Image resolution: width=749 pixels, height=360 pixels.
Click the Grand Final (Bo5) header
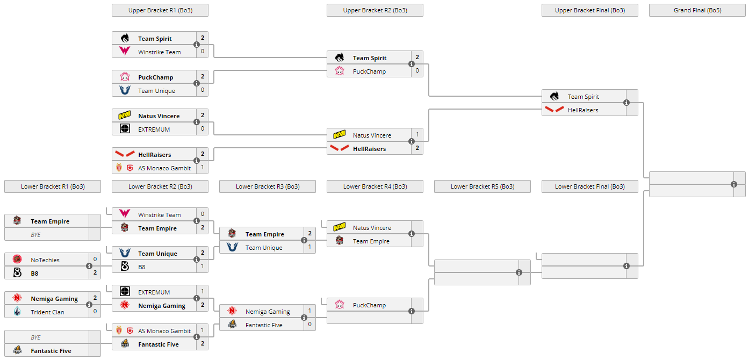(697, 10)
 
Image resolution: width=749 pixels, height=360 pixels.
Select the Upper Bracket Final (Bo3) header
(589, 10)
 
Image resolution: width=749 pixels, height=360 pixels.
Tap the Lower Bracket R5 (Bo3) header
(482, 186)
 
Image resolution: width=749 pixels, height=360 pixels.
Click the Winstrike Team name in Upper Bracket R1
(159, 52)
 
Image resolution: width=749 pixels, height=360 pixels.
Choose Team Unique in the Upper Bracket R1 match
(156, 91)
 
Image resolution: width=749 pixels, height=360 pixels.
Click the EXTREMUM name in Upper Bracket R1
(154, 129)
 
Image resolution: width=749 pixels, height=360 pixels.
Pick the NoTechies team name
(45, 260)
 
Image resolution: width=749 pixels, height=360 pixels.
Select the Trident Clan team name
(47, 312)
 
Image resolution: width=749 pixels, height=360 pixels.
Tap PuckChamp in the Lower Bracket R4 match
(369, 305)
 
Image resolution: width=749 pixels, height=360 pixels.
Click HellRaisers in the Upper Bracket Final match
(583, 110)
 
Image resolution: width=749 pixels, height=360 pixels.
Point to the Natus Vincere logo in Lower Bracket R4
(340, 228)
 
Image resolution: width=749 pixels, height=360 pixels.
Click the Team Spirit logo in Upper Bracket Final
(554, 97)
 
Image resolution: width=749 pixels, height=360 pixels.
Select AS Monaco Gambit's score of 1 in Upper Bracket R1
(203, 168)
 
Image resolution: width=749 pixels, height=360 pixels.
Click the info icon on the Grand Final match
(734, 184)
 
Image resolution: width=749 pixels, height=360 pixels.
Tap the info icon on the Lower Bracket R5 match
(519, 272)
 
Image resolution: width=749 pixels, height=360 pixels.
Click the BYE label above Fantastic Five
(35, 337)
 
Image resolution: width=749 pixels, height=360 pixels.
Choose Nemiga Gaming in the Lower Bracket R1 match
(54, 299)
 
